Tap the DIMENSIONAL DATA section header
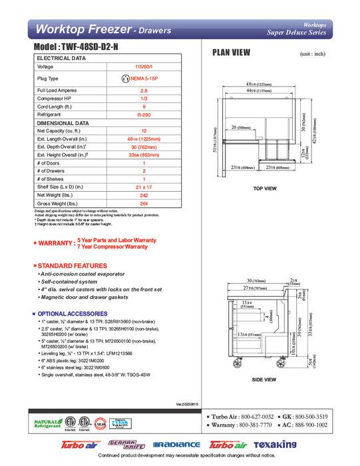coord(63,123)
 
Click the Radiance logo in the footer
coord(176,445)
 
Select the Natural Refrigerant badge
coord(45,423)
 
